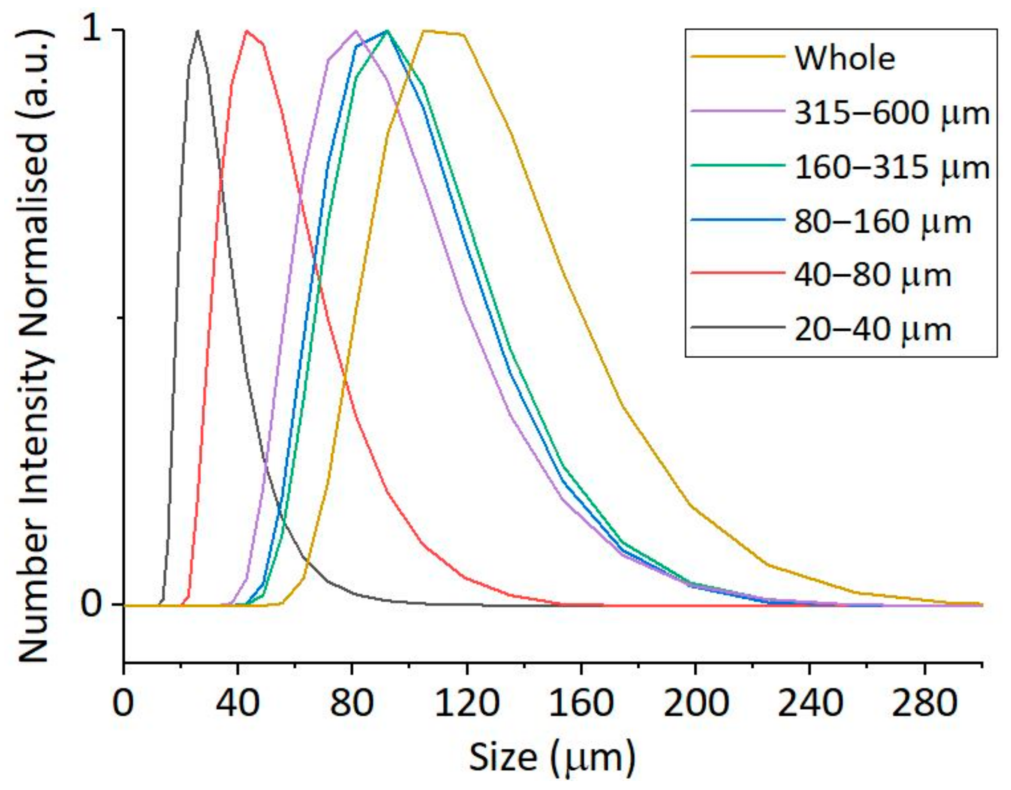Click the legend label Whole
point(845,59)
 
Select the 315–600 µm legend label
point(891,114)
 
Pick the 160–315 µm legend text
point(891,168)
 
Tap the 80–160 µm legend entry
point(882,222)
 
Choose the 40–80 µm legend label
point(873,277)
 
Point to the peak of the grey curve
point(198,31)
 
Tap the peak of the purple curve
point(355,31)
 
